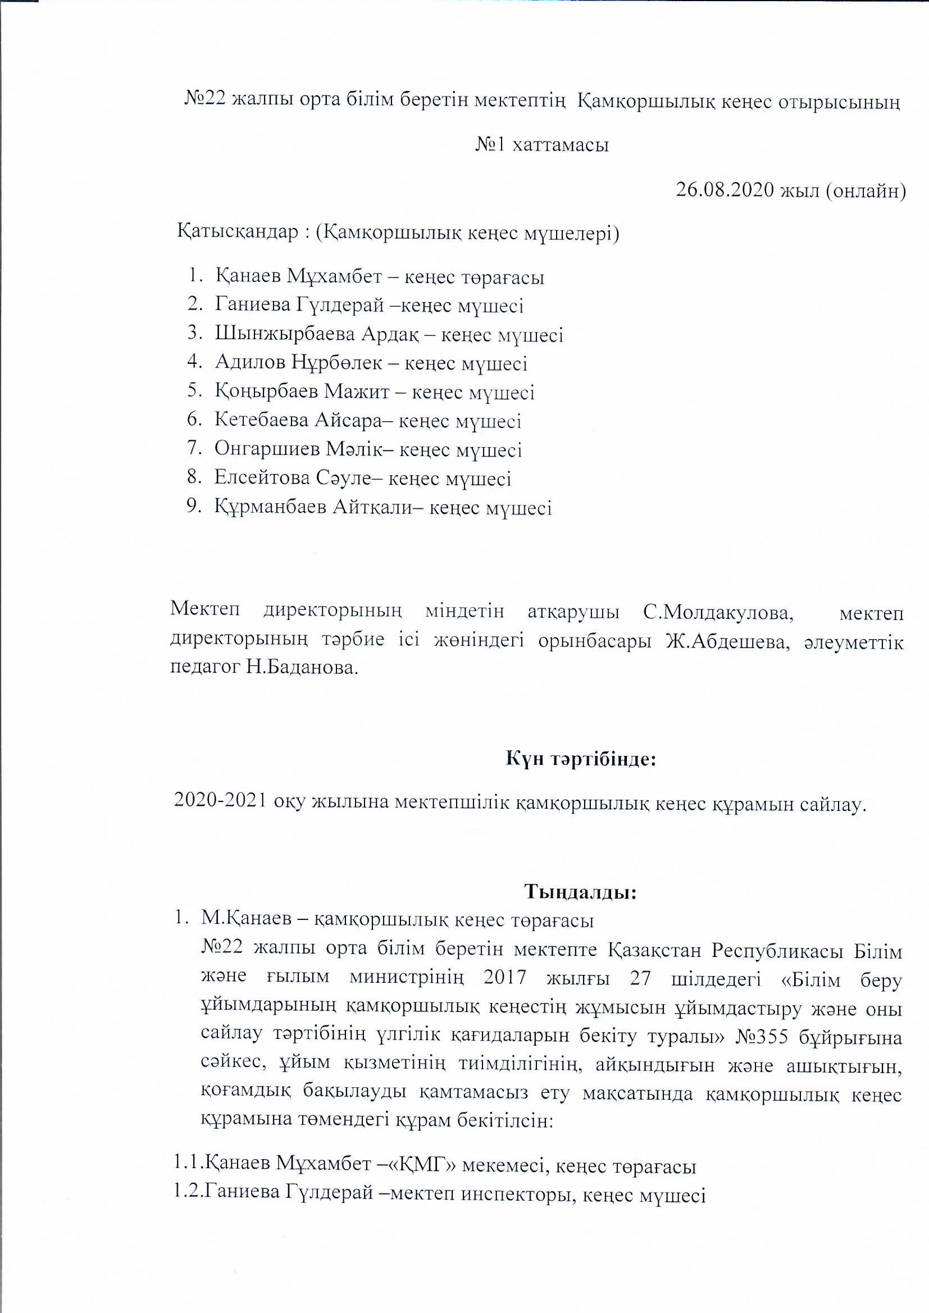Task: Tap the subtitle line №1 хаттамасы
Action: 541,145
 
